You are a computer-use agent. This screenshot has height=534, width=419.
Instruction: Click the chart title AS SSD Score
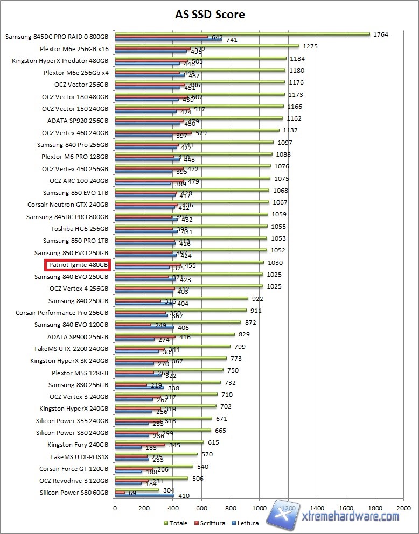pyautogui.click(x=210, y=15)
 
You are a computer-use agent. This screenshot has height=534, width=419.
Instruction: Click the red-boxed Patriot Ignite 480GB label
pyautogui.click(x=79, y=265)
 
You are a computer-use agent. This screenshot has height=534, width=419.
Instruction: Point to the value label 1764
pyautogui.click(x=380, y=34)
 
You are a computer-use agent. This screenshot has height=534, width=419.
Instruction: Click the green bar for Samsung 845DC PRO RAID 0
pyautogui.click(x=242, y=34)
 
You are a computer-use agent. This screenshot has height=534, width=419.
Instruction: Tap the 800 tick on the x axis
pyautogui.click(x=231, y=507)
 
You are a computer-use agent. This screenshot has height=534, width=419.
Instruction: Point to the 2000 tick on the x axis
pyautogui.click(x=403, y=507)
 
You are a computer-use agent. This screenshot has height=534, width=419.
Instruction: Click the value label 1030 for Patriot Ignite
pyautogui.click(x=275, y=263)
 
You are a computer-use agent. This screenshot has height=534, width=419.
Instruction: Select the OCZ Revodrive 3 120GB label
pyautogui.click(x=74, y=481)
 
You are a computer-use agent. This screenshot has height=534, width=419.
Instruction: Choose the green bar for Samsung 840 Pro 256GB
pyautogui.click(x=194, y=142)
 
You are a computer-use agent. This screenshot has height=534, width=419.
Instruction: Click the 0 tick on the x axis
pyautogui.click(x=115, y=507)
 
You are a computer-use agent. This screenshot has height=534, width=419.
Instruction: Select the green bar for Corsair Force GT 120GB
pyautogui.click(x=153, y=466)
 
